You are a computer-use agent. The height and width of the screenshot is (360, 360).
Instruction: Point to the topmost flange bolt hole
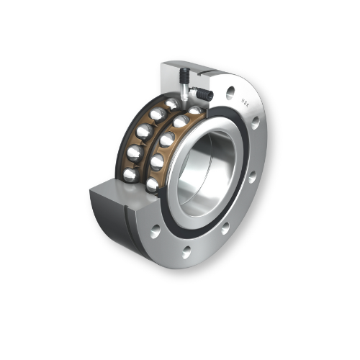click(230, 92)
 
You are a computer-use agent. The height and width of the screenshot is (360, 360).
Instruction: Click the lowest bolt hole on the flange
click(186, 252)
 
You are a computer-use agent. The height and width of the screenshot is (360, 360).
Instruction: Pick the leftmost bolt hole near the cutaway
click(155, 231)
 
